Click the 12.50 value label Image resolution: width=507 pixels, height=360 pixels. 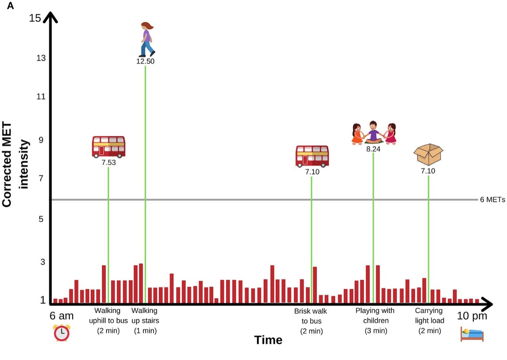145,61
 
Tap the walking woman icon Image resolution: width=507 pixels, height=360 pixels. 147,39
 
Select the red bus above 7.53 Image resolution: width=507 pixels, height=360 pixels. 109,147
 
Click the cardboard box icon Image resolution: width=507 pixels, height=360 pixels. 428,154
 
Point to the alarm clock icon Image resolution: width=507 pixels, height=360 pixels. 61,332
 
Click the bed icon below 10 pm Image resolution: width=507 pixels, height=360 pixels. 472,334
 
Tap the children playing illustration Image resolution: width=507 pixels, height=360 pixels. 374,133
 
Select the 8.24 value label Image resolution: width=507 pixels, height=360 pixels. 374,149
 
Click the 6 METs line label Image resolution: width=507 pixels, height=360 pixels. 492,200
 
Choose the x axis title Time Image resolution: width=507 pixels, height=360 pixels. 268,340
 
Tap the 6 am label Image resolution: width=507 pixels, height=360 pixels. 61,316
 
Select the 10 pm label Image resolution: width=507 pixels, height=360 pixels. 472,316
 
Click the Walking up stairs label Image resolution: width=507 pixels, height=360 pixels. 145,320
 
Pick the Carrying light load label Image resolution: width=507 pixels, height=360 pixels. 429,320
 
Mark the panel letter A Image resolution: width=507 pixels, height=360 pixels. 11,6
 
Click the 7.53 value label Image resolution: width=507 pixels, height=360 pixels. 109,162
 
